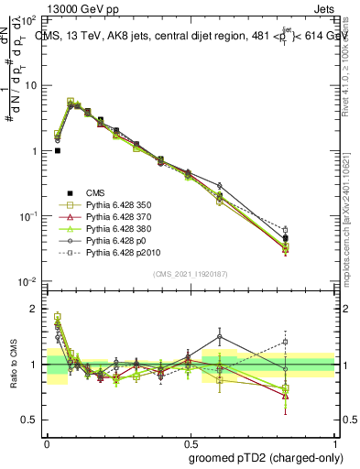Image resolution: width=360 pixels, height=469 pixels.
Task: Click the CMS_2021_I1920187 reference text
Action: click(x=190, y=275)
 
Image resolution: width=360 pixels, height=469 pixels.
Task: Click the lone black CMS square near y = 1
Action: click(x=58, y=151)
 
